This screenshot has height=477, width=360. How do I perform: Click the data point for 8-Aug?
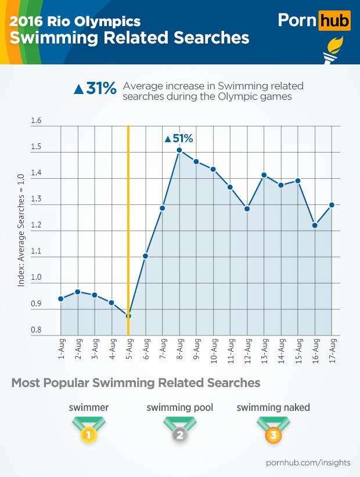point(179,150)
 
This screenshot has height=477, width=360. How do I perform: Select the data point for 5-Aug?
point(128,316)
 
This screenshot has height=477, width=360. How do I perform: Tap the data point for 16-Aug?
point(315,225)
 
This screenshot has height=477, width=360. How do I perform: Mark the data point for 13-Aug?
point(264,175)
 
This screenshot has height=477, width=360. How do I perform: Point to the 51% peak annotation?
point(179,139)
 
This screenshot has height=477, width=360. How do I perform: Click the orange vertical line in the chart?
point(128,232)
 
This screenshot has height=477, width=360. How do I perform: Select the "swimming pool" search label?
point(180,407)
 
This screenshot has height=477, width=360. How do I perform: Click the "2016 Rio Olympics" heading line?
point(75,21)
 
